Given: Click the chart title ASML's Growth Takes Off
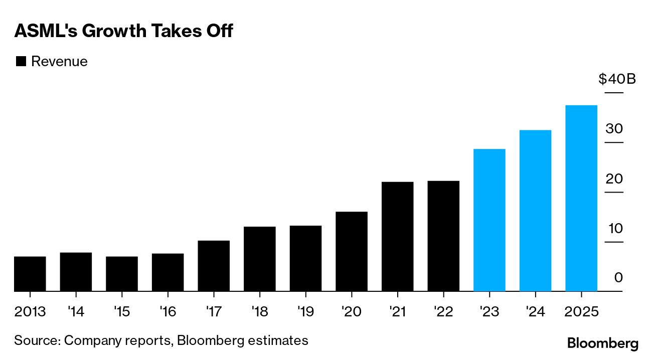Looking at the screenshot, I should click(123, 31).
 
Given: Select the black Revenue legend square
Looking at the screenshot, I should click(21, 62).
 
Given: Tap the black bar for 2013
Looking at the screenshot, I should click(30, 274).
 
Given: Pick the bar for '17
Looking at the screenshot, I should click(214, 266).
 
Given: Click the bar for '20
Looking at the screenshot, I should click(352, 251).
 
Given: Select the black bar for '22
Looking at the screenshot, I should click(443, 236).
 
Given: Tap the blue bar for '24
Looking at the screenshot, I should click(535, 211).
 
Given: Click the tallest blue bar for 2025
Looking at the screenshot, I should click(581, 198).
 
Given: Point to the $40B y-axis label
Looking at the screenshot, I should click(617, 79).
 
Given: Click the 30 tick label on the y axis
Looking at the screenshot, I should click(614, 129).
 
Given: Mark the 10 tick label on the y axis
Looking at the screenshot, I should click(615, 229).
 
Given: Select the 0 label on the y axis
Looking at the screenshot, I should click(618, 277).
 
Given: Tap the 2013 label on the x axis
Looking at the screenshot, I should click(30, 312).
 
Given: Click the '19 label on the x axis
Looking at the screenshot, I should click(305, 312).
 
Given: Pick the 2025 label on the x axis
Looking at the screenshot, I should click(581, 312).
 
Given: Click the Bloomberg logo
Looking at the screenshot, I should click(603, 343).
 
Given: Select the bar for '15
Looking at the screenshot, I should click(122, 274).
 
